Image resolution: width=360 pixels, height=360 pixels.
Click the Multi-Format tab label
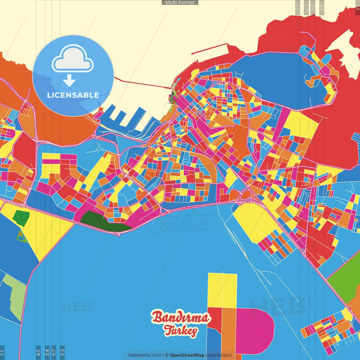[x=180, y=3]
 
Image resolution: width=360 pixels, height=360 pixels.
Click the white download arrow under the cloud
[x=69, y=80]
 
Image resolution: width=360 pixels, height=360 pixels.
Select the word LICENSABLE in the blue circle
[x=73, y=95]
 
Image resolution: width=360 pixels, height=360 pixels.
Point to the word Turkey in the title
[x=181, y=331]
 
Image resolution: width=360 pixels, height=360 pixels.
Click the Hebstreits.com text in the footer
[x=145, y=355]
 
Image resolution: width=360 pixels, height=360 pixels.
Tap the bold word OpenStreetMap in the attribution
[x=187, y=355]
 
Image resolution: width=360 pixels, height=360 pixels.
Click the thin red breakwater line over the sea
[x=141, y=84]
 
